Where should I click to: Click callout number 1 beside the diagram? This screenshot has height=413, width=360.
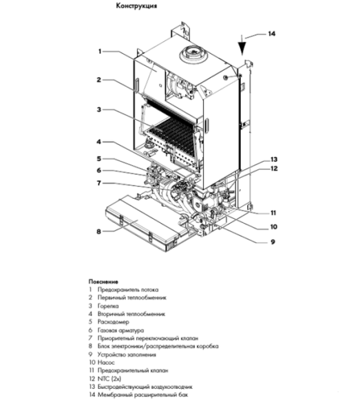(100, 51)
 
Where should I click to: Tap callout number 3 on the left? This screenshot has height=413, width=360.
(99, 109)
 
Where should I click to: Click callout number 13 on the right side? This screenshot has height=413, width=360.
(273, 158)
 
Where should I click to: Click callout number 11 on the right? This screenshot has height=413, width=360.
(273, 212)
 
